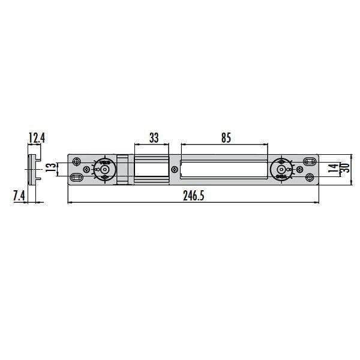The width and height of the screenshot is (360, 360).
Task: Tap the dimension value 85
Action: (x=226, y=137)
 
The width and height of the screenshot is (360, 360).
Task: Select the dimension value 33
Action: (x=154, y=137)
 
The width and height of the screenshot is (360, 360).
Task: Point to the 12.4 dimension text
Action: (x=37, y=139)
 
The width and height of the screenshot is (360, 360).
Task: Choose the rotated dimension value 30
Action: (x=345, y=169)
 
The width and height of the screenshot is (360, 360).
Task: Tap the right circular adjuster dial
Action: (x=281, y=169)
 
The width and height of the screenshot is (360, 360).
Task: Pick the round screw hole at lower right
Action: (x=310, y=178)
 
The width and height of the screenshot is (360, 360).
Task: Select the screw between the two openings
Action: (x=174, y=169)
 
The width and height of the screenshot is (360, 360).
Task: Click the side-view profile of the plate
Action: (x=33, y=169)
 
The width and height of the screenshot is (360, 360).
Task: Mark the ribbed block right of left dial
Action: (x=122, y=169)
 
